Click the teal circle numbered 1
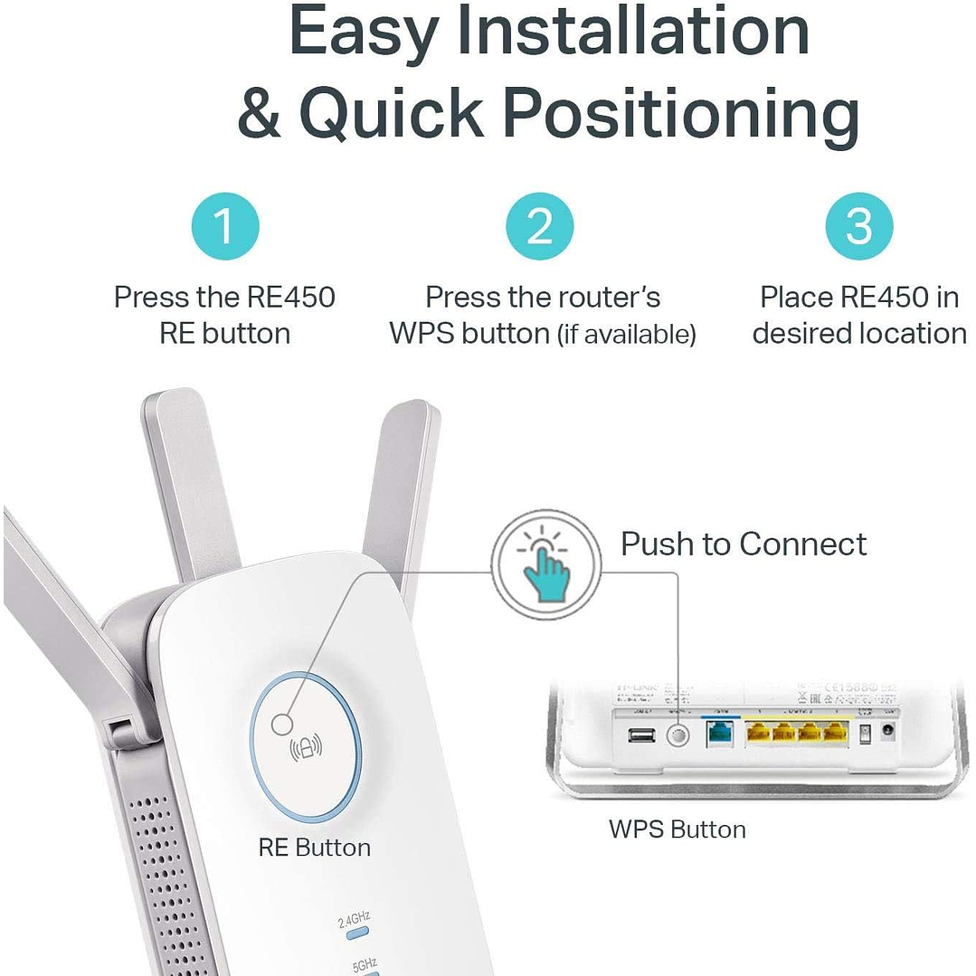click(225, 225)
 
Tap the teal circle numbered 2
click(540, 225)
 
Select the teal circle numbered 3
click(858, 225)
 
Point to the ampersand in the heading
click(260, 113)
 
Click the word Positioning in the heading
click(680, 115)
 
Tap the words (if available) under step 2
click(627, 336)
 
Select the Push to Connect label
click(744, 545)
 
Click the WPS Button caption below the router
click(678, 829)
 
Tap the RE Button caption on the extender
click(314, 848)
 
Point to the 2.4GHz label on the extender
click(354, 921)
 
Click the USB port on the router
click(640, 735)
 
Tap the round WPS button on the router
click(677, 735)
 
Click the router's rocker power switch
click(864, 735)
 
